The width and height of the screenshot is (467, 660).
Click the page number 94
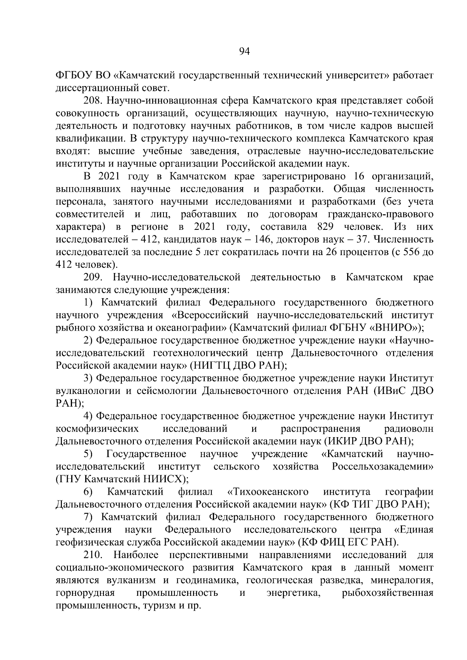tap(244, 52)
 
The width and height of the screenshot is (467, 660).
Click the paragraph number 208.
tap(93, 101)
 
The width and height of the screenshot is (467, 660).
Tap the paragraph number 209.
tap(93, 278)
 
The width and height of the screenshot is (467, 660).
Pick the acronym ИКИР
tap(341, 441)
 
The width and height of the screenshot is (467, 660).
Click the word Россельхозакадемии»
tap(383, 466)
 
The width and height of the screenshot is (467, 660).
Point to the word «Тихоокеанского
tap(268, 492)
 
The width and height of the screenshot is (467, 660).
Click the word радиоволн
tap(409, 429)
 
